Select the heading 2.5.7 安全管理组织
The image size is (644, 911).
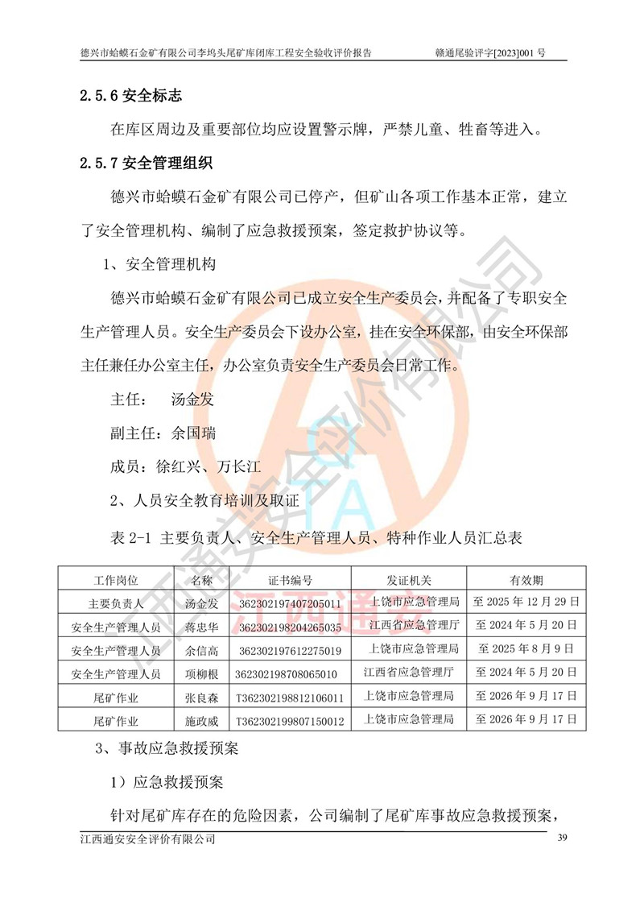146,164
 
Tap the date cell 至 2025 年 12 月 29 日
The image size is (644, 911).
526,603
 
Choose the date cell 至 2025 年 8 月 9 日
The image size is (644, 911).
526,649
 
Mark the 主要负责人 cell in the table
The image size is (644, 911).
116,603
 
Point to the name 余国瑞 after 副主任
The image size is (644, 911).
193,433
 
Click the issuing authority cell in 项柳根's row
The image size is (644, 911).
409,673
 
